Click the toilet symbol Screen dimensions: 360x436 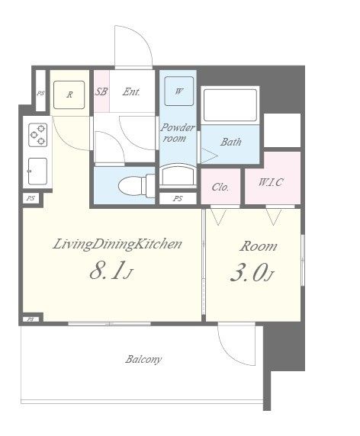coord(137,185)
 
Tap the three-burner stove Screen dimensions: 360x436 coord(38,135)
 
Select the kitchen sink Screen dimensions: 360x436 coord(37,172)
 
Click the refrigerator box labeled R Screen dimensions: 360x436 coord(69,95)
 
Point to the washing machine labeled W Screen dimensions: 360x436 coord(179,91)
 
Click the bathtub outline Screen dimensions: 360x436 coord(230,105)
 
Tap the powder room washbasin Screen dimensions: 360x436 coord(178,175)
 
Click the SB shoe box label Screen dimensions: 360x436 coord(101,91)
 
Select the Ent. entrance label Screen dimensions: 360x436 coord(132,91)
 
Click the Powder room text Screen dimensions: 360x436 coord(177,133)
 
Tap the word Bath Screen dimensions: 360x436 coord(231,142)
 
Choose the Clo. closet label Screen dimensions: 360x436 coord(220,187)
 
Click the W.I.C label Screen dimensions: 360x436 coord(271,182)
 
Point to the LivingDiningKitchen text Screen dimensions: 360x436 coord(117,244)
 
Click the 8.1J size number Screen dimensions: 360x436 coord(111,271)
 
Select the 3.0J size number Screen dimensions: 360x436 coord(252,272)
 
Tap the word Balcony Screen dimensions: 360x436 coord(143,359)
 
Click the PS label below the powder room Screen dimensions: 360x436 coord(178,198)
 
